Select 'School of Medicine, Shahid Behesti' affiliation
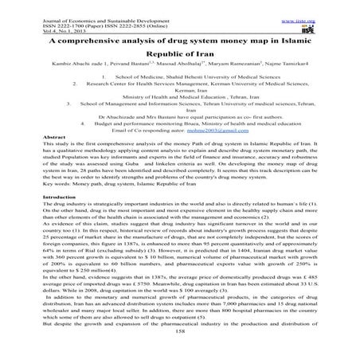tap(190, 74)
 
